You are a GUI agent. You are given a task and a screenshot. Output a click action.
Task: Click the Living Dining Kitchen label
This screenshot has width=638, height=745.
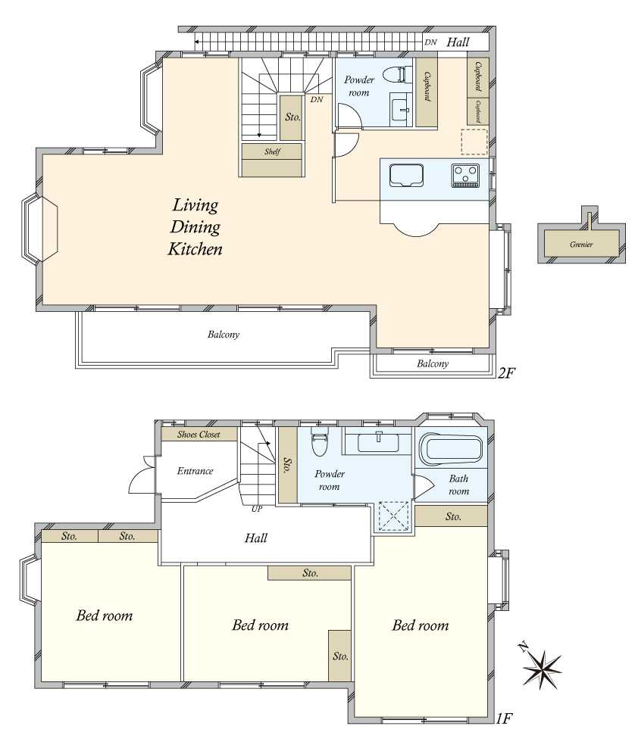pyautogui.click(x=195, y=226)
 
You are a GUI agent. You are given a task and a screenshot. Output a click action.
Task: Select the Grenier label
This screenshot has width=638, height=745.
pyautogui.click(x=581, y=245)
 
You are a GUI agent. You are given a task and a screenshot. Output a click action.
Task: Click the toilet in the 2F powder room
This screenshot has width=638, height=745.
pyautogui.click(x=396, y=74)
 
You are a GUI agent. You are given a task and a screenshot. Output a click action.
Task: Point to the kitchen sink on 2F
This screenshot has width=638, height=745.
pyautogui.click(x=406, y=175)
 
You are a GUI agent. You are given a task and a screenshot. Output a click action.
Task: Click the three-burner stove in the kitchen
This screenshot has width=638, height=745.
pyautogui.click(x=465, y=175)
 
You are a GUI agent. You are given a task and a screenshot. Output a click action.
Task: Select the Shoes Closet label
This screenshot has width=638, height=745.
pyautogui.click(x=199, y=435)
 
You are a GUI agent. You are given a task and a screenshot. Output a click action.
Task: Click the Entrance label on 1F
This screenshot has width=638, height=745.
pyautogui.click(x=195, y=471)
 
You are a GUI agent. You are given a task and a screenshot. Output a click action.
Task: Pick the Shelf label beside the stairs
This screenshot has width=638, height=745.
pyautogui.click(x=273, y=151)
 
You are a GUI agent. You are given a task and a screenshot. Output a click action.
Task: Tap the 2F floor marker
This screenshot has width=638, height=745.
pyautogui.click(x=506, y=372)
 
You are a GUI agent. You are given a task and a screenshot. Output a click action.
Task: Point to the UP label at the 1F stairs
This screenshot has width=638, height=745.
pyautogui.click(x=257, y=509)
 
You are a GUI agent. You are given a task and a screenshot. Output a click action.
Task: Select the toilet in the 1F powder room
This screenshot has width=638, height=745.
pyautogui.click(x=318, y=441)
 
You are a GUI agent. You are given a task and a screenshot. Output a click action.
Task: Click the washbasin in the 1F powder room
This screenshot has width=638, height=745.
pyautogui.click(x=378, y=442)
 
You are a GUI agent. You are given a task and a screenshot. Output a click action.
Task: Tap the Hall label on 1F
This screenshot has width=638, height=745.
pyautogui.click(x=256, y=538)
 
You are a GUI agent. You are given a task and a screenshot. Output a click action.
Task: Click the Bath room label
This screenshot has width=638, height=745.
pyautogui.click(x=458, y=485)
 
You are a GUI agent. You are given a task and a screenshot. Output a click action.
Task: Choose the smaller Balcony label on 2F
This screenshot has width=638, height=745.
pyautogui.click(x=433, y=363)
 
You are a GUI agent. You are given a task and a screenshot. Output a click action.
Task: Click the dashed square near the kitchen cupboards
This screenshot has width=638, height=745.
pyautogui.click(x=474, y=141)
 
